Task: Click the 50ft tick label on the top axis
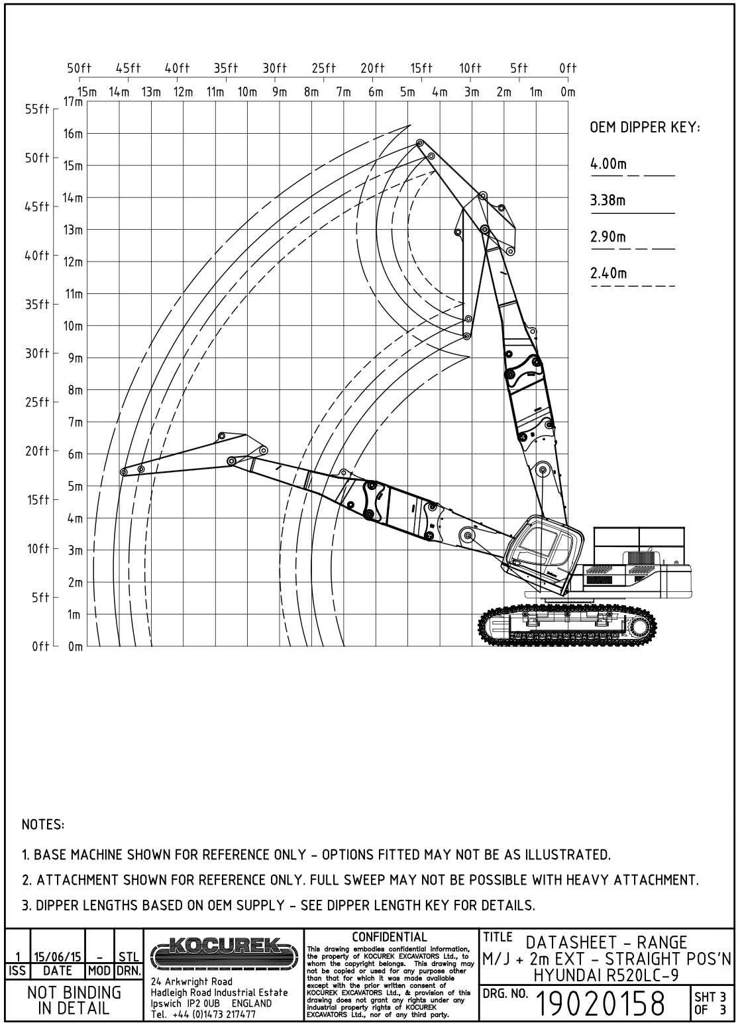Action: (x=79, y=68)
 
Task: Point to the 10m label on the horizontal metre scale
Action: (x=247, y=92)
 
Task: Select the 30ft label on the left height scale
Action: (x=38, y=354)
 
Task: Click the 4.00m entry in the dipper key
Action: (x=608, y=164)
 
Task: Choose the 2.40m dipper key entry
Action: (x=608, y=273)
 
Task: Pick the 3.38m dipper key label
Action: (x=608, y=200)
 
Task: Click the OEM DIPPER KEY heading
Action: (x=645, y=128)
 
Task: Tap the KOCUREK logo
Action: (x=225, y=953)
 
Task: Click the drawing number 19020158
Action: (x=602, y=1004)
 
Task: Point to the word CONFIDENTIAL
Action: (x=390, y=936)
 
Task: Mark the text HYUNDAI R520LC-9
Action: (x=607, y=973)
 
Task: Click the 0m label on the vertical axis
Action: (x=76, y=647)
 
